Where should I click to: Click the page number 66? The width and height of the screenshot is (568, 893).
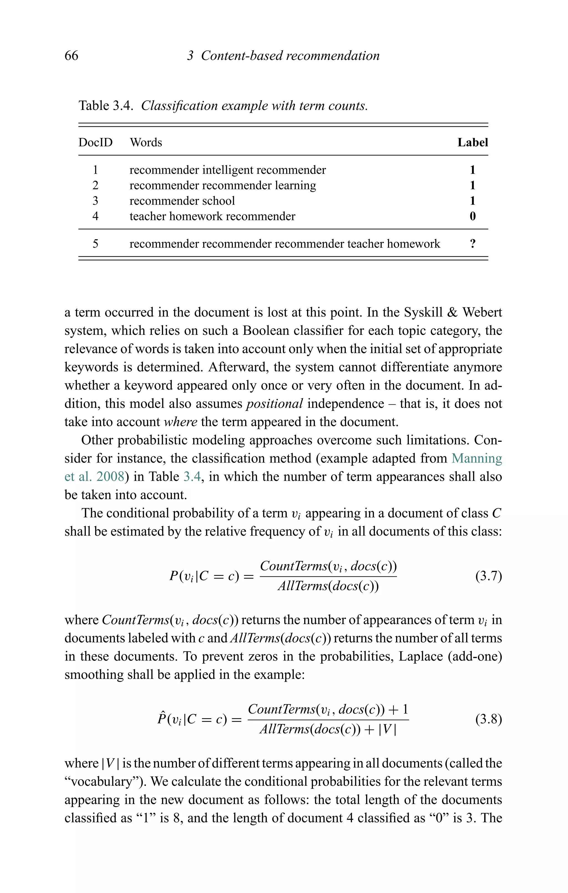coord(71,56)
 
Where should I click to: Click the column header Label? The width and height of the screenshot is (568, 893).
coord(472,142)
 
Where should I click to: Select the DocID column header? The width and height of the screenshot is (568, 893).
coord(95,142)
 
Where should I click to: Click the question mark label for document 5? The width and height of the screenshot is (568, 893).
coord(473,244)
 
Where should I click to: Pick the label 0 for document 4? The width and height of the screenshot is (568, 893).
coord(473,216)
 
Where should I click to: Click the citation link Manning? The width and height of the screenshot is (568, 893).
coord(476,458)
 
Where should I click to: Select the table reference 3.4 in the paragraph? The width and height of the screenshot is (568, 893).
coord(192,476)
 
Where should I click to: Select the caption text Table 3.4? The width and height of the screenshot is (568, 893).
coord(106,106)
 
